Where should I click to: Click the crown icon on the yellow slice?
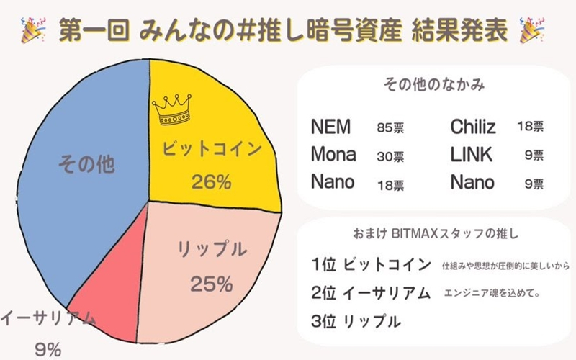(171, 109)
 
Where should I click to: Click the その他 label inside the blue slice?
(86, 163)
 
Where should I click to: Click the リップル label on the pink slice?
(212, 251)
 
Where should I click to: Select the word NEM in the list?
(331, 127)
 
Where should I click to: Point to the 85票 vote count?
(390, 128)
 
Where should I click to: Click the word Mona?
(333, 154)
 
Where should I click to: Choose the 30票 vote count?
(390, 156)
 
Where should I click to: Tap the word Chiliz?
(473, 127)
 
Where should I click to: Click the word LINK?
(471, 154)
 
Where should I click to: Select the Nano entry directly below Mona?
(333, 181)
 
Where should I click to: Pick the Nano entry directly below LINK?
(472, 181)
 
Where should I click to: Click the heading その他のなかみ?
(433, 85)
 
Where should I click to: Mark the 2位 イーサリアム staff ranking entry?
(372, 293)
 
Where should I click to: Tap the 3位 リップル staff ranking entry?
(356, 320)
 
